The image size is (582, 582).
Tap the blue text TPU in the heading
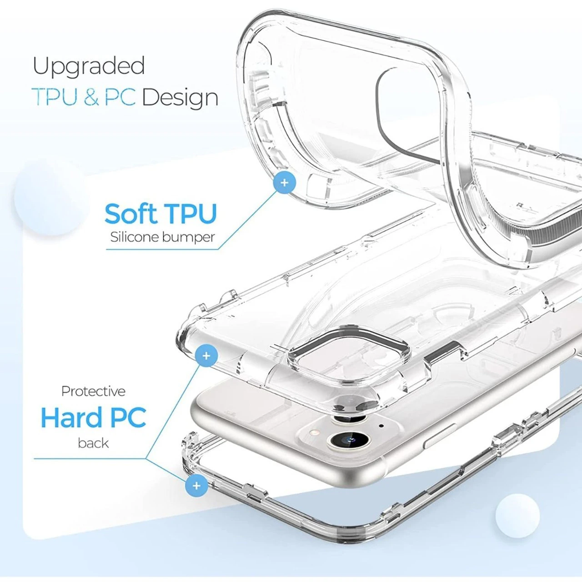click(55, 97)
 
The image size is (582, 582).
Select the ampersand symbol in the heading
click(91, 98)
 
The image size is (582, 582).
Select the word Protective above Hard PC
click(93, 391)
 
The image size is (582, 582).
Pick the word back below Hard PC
click(93, 443)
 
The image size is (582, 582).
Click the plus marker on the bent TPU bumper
click(285, 183)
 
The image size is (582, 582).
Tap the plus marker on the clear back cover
click(206, 355)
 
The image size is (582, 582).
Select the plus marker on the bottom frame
click(196, 486)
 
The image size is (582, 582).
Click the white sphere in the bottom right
click(517, 516)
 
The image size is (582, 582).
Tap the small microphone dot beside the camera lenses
click(381, 426)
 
